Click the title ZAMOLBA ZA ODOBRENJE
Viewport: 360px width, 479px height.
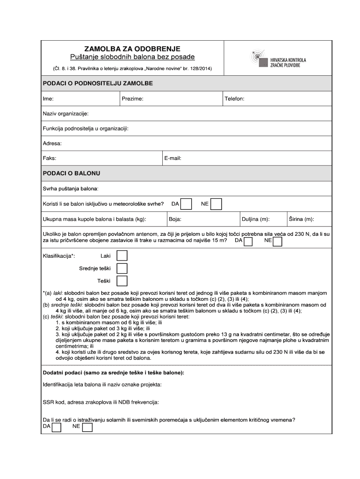132,49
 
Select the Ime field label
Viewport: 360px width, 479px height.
48,99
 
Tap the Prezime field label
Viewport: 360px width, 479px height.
132,99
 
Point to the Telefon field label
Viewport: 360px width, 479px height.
234,99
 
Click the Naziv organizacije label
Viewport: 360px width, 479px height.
65,114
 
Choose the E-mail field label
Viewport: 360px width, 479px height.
173,159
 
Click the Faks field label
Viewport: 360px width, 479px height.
50,159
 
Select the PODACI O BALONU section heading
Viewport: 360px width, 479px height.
72,174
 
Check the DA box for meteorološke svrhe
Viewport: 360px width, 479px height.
186,204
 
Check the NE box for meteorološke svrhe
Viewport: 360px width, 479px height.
216,204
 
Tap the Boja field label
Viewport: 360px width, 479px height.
175,219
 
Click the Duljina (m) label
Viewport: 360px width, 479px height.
255,219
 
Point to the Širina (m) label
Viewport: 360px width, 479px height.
301,219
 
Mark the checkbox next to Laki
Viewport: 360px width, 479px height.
122,256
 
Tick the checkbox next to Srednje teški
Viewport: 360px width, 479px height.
122,269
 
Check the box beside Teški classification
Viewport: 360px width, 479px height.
122,281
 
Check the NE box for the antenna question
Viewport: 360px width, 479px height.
277,241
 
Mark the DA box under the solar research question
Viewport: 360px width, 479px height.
56,428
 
